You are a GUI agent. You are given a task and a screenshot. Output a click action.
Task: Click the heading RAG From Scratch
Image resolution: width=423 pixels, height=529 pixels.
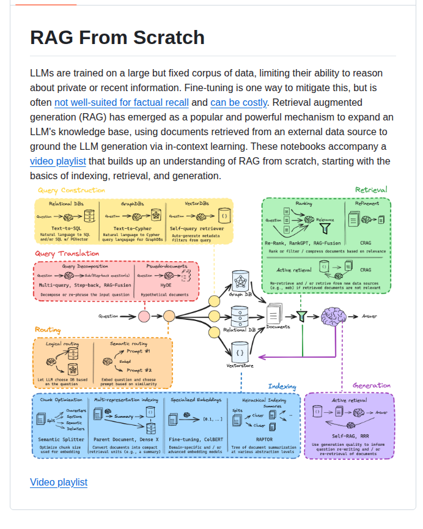(x=117, y=38)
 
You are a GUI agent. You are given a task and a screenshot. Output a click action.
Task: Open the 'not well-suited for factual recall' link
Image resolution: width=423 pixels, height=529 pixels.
(x=121, y=103)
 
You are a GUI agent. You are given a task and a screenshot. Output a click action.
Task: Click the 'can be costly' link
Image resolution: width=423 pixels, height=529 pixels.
(x=238, y=103)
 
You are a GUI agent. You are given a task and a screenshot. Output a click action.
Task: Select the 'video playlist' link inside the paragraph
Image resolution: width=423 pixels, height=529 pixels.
(x=58, y=161)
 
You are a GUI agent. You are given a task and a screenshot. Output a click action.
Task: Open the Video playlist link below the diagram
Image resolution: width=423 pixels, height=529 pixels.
(x=59, y=482)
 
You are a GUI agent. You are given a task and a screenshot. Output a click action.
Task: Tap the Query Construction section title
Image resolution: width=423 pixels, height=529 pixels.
(x=72, y=190)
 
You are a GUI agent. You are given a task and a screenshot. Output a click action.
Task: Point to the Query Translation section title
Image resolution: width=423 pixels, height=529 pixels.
(x=67, y=254)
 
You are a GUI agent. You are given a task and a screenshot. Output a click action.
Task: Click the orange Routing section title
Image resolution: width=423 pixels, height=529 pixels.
(x=48, y=330)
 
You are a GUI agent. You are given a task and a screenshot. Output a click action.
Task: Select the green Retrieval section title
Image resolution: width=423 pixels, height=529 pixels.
(x=371, y=190)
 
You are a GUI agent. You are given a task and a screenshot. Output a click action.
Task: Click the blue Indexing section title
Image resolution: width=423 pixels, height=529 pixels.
(x=282, y=387)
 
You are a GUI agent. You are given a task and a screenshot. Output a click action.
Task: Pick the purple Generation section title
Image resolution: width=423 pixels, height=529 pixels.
(x=372, y=386)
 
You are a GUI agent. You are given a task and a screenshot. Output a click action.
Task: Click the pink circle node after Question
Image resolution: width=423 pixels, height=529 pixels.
(x=144, y=316)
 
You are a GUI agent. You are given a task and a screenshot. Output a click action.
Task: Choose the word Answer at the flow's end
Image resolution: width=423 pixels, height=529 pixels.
(x=370, y=316)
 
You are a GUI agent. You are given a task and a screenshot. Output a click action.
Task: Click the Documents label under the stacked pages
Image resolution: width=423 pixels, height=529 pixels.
(x=278, y=327)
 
